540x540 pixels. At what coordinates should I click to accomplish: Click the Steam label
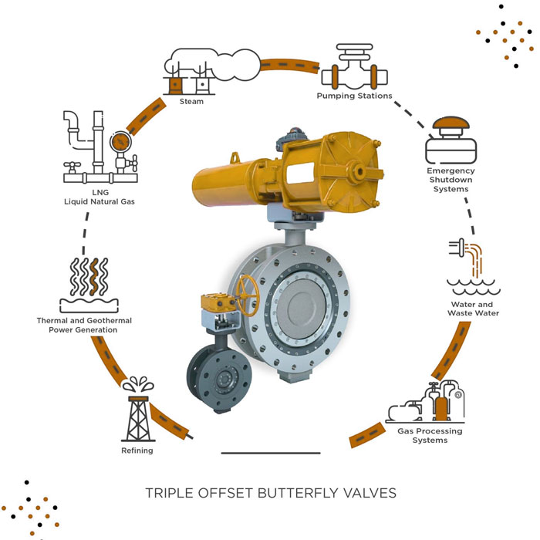[191, 102]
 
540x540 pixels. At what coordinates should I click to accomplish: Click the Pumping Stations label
[354, 96]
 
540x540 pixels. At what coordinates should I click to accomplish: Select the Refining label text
[137, 451]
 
